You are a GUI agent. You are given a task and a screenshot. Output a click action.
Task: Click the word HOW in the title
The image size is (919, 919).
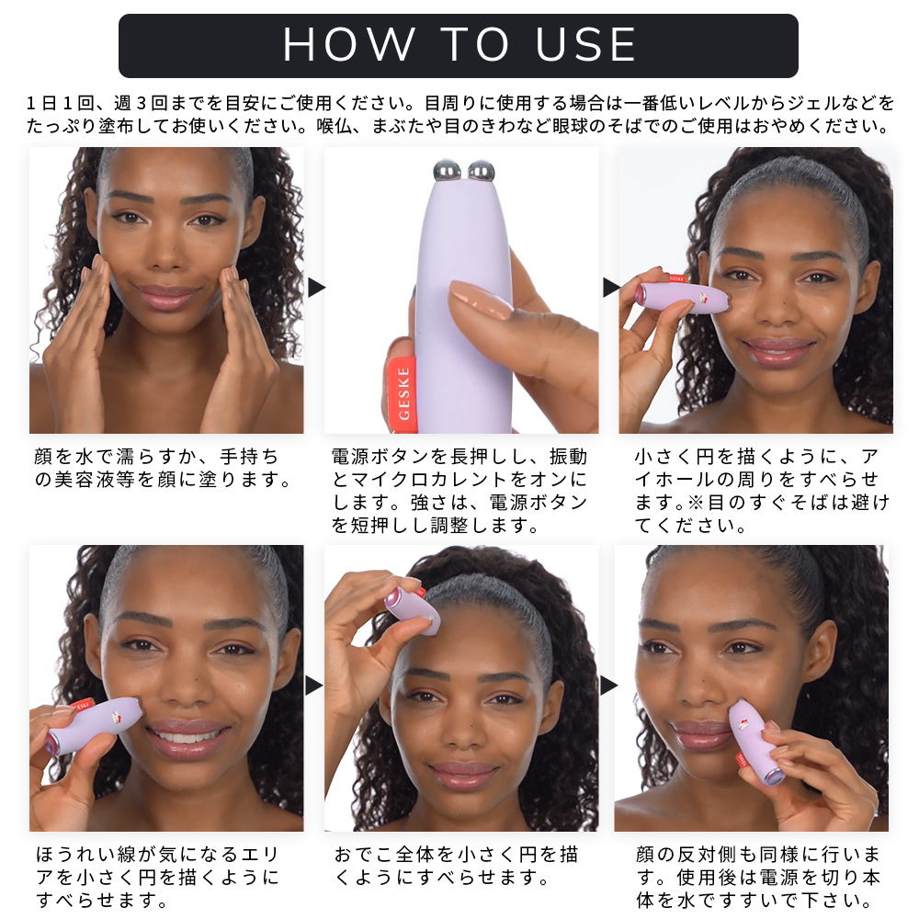point(349,44)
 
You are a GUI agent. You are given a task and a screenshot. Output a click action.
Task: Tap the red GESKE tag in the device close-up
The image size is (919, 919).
point(403,394)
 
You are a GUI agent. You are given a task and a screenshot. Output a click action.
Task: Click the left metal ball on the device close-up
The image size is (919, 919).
point(447,171)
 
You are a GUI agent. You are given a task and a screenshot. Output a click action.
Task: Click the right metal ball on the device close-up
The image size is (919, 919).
point(482,171)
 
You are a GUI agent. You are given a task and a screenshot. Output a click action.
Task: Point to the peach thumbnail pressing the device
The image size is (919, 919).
point(480,299)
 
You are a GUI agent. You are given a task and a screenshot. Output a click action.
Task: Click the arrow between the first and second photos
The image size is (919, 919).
point(316,287)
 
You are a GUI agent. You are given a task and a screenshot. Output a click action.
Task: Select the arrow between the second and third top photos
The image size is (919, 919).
point(611,287)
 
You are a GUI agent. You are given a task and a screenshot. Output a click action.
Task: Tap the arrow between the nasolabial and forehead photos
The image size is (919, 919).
point(314,685)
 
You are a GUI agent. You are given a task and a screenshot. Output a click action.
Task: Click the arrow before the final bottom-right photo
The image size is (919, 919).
point(609,685)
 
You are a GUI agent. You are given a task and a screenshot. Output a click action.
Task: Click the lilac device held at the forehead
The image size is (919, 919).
point(414,610)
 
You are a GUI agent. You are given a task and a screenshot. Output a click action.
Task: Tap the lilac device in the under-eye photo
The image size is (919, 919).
point(683,297)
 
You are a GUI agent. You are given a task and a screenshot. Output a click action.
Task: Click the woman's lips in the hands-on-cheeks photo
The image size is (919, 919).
point(167,297)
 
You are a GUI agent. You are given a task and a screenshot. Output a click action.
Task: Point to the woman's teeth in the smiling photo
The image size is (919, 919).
point(187,736)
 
